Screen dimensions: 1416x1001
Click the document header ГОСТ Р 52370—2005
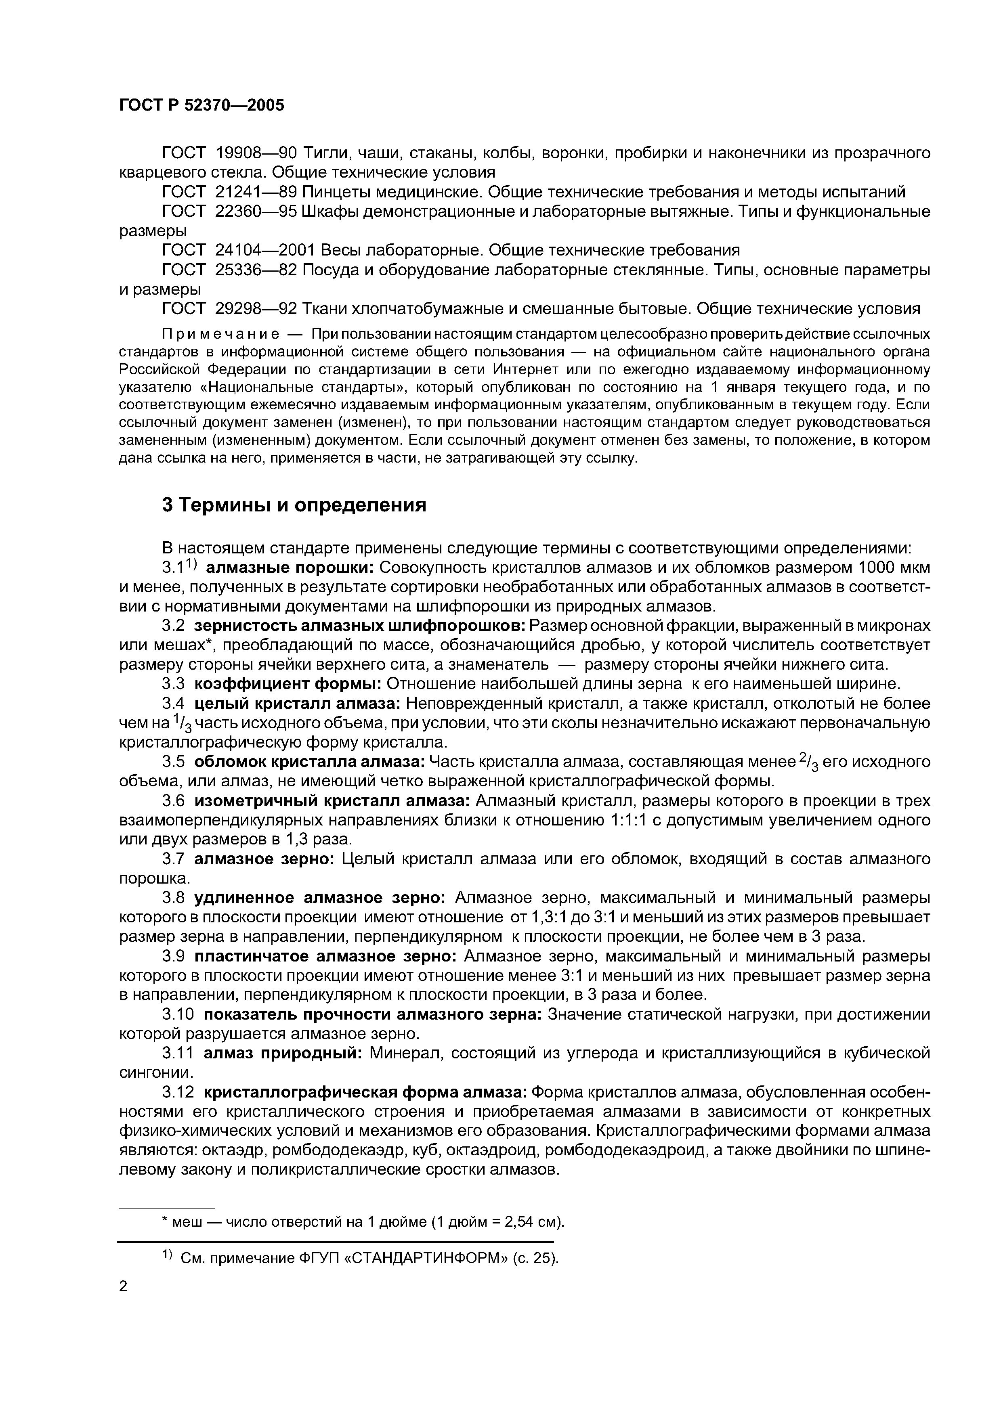coord(201,105)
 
